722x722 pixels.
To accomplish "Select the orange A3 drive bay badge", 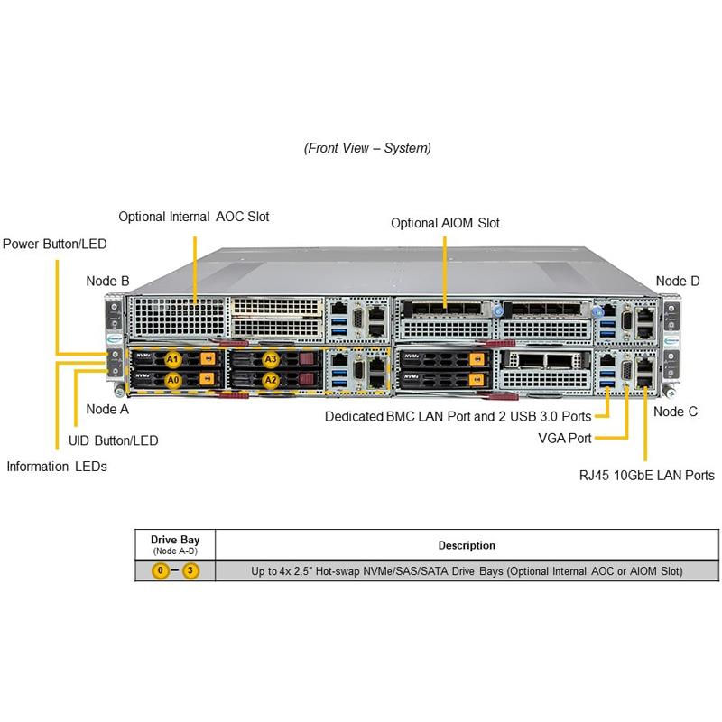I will coord(270,359).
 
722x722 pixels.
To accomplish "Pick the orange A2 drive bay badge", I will coord(270,380).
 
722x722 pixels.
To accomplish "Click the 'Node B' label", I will coord(107,281).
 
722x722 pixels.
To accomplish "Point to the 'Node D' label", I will coord(677,281).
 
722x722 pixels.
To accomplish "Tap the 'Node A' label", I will coord(107,409).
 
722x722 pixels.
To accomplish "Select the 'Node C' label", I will coord(675,412).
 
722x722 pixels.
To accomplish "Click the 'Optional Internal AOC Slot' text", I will coord(194,217).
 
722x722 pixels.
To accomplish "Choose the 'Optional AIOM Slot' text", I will coord(445,223).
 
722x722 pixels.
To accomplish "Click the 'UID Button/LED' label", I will coord(114,440).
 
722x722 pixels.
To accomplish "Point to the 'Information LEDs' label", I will coord(57,467).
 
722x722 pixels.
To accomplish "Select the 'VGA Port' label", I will coord(566,438).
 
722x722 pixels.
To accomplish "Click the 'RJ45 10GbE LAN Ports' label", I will coord(646,475).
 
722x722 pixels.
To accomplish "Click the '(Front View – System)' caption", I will coord(367,147).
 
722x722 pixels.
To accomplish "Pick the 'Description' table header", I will coord(467,545).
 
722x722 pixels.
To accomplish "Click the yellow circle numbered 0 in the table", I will coord(161,571).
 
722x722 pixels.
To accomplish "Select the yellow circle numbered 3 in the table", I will coord(190,571).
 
